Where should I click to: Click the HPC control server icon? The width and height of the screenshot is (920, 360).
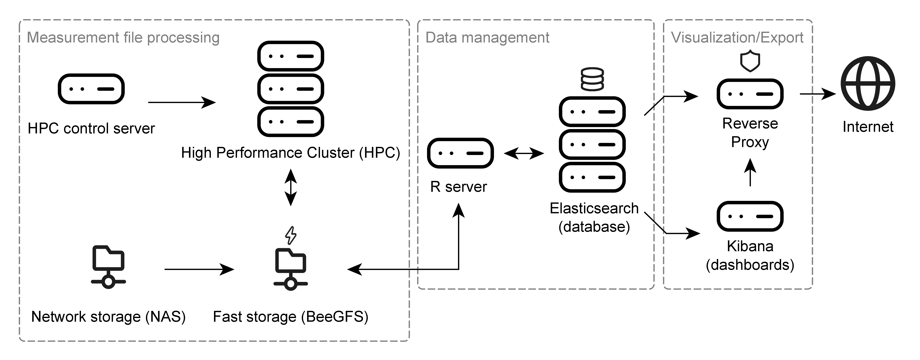click(x=91, y=89)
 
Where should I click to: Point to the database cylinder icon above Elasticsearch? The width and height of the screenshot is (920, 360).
click(x=592, y=79)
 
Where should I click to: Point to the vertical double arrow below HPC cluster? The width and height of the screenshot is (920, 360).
click(x=291, y=188)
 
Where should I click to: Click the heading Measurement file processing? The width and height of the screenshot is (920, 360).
click(x=123, y=38)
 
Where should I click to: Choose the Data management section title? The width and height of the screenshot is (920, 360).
click(x=487, y=38)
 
